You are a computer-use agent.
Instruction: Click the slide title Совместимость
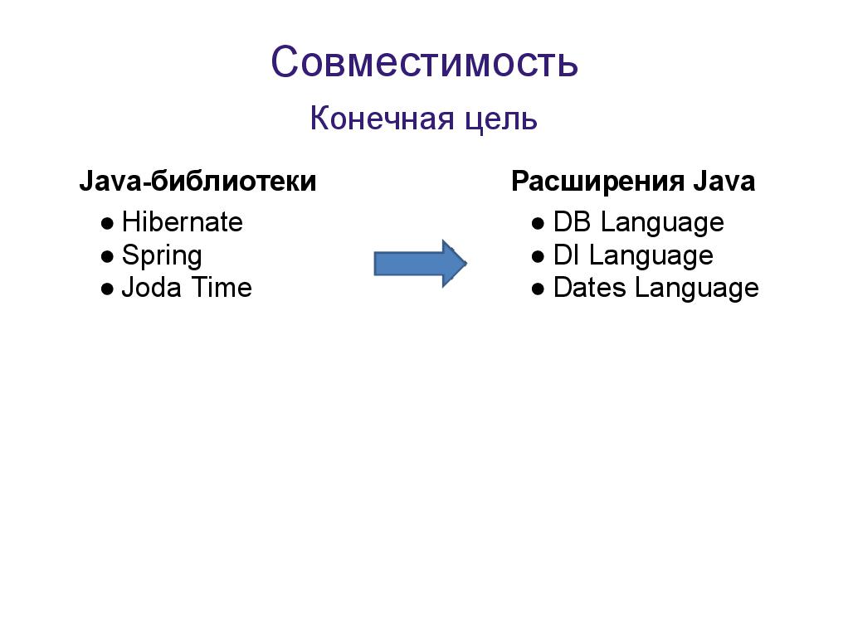[x=424, y=62]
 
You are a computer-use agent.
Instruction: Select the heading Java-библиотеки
[x=197, y=182]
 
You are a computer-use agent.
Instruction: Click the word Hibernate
[x=182, y=222]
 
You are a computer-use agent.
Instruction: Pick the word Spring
[x=162, y=256]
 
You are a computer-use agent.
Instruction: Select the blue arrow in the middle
[x=420, y=264]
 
